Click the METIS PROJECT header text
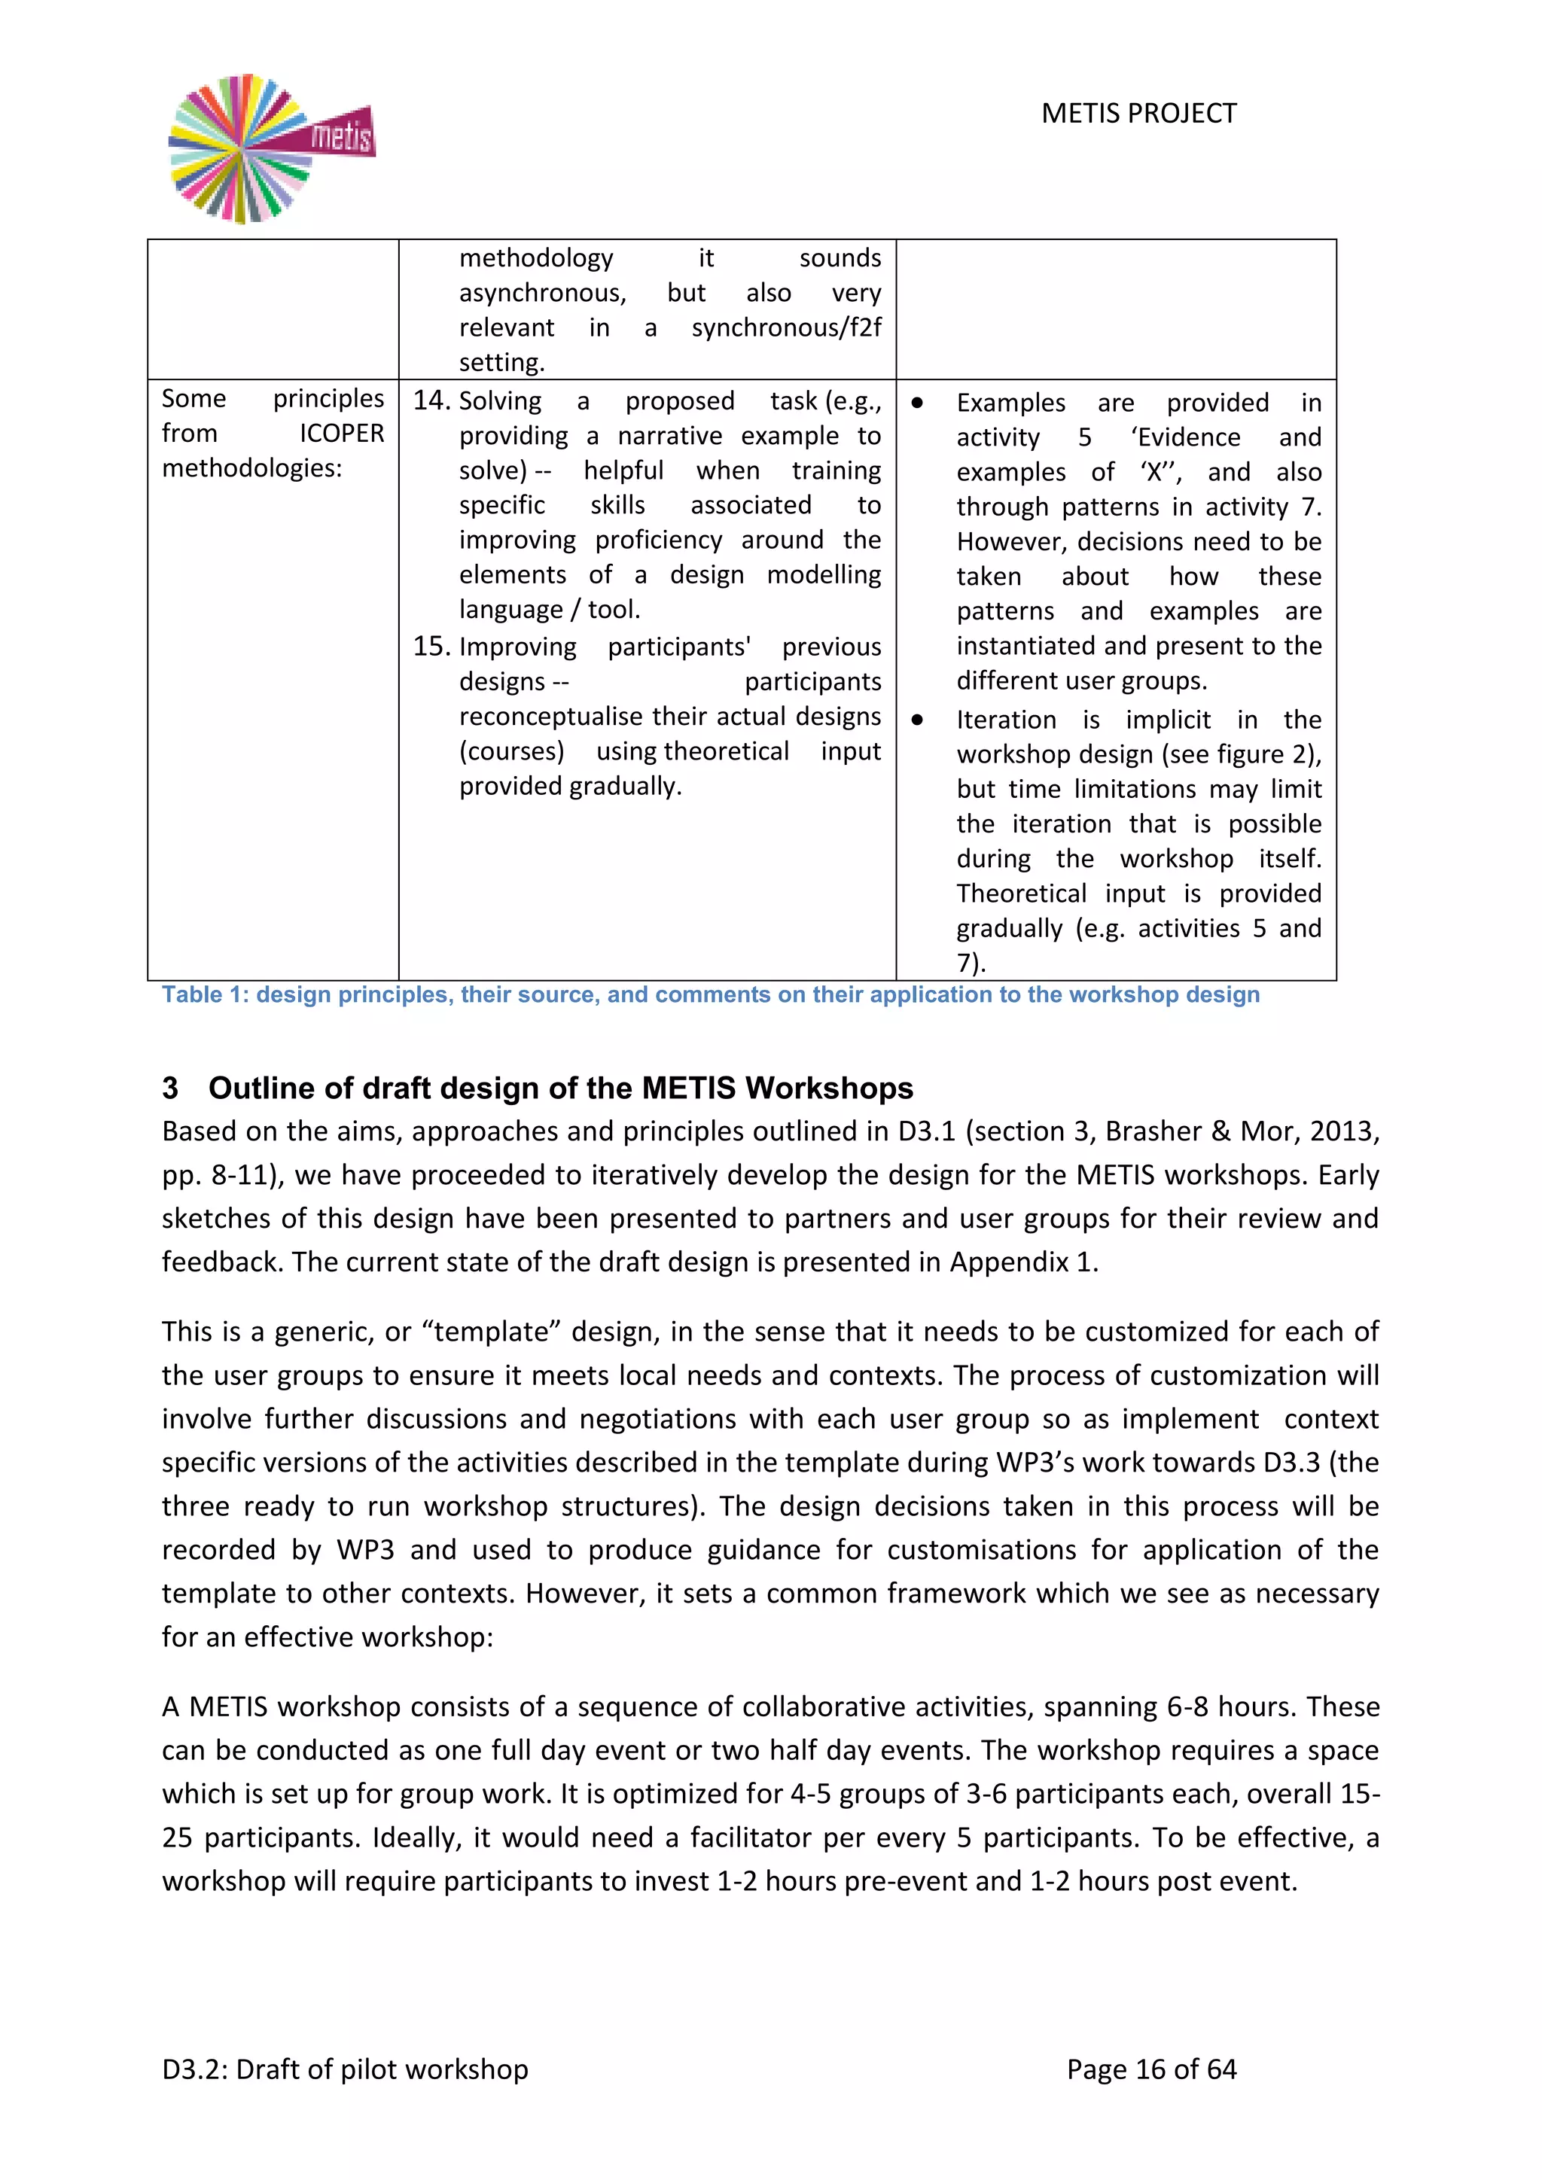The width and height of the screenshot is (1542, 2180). pos(1138,114)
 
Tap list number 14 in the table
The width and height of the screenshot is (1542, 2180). pos(430,400)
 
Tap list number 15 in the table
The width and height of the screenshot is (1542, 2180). pos(430,647)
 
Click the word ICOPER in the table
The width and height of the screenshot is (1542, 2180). pos(342,434)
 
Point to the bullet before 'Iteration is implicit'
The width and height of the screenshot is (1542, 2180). pos(916,720)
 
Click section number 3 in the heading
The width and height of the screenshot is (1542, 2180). pos(170,1088)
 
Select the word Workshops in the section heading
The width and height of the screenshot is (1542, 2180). pos(829,1088)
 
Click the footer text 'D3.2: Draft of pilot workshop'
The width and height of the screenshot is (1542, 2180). pos(345,2070)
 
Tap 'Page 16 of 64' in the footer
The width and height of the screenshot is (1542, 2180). pos(1150,2070)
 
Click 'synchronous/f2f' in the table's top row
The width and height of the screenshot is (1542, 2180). pos(785,328)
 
